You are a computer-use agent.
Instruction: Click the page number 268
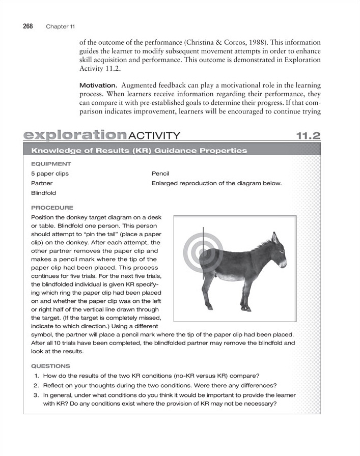[x=28, y=26]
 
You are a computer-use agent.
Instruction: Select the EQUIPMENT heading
[x=51, y=164]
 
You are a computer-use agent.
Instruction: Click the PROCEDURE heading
[x=52, y=208]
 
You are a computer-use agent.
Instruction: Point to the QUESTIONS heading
[x=51, y=365]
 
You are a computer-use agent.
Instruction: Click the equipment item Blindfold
[x=44, y=193]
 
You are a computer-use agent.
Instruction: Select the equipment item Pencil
[x=161, y=174]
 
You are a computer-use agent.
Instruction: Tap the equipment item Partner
[x=42, y=183]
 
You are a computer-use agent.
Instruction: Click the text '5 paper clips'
[x=50, y=174]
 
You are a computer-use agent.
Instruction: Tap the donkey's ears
[x=273, y=238]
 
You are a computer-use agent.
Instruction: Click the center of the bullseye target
[x=203, y=251]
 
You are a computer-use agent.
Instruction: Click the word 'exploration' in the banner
[x=74, y=135]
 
